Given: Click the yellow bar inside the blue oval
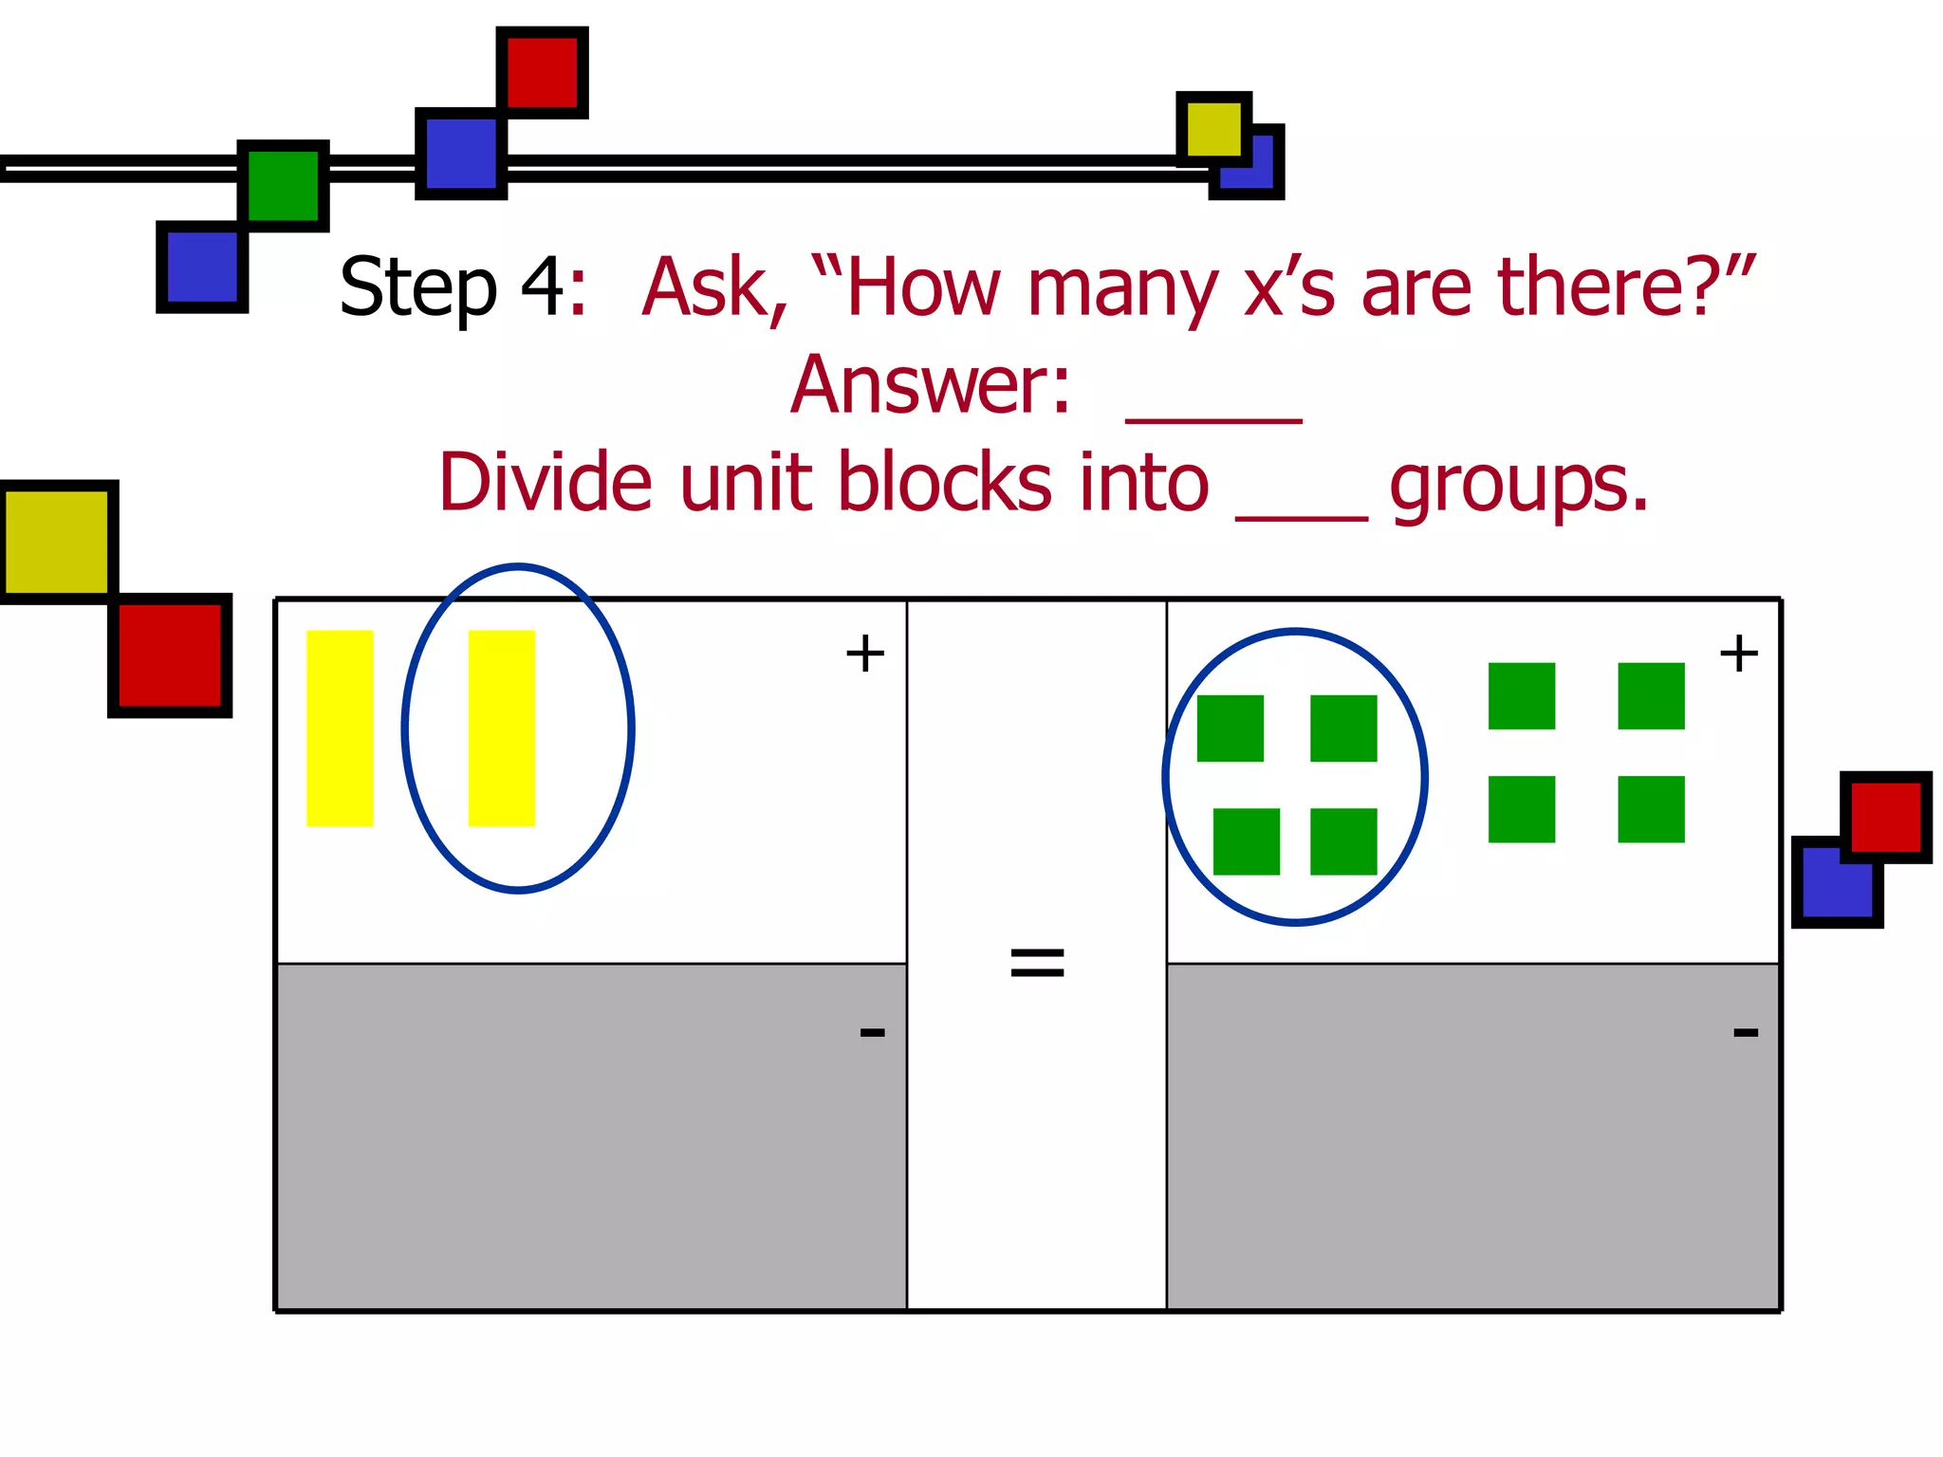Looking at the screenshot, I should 502,728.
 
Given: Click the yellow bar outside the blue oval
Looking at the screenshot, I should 340,728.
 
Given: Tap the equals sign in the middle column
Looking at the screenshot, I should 1037,963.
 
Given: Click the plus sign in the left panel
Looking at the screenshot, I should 864,654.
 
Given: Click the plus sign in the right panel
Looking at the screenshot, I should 1738,654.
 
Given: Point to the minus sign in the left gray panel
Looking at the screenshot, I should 872,1032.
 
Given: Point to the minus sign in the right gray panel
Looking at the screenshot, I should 1746,1032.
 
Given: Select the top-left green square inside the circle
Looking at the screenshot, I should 1230,728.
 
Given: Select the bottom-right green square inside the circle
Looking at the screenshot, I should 1343,841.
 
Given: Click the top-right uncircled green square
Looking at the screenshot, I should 1651,696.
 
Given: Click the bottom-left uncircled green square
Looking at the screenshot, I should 1522,809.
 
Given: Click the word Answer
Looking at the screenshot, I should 931,385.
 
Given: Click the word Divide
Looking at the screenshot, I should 545,483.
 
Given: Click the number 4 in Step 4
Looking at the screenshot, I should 543,286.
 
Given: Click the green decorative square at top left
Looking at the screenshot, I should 283,186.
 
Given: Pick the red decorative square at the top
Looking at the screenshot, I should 542,72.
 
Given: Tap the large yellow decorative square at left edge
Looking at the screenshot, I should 57,542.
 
